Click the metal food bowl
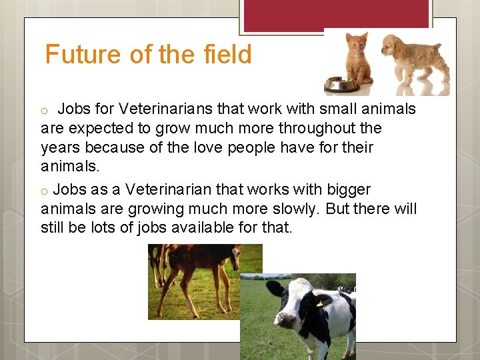pos(341,85)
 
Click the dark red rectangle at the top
pos(336,14)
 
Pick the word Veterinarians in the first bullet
pos(162,109)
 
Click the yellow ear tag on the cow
pos(320,303)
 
